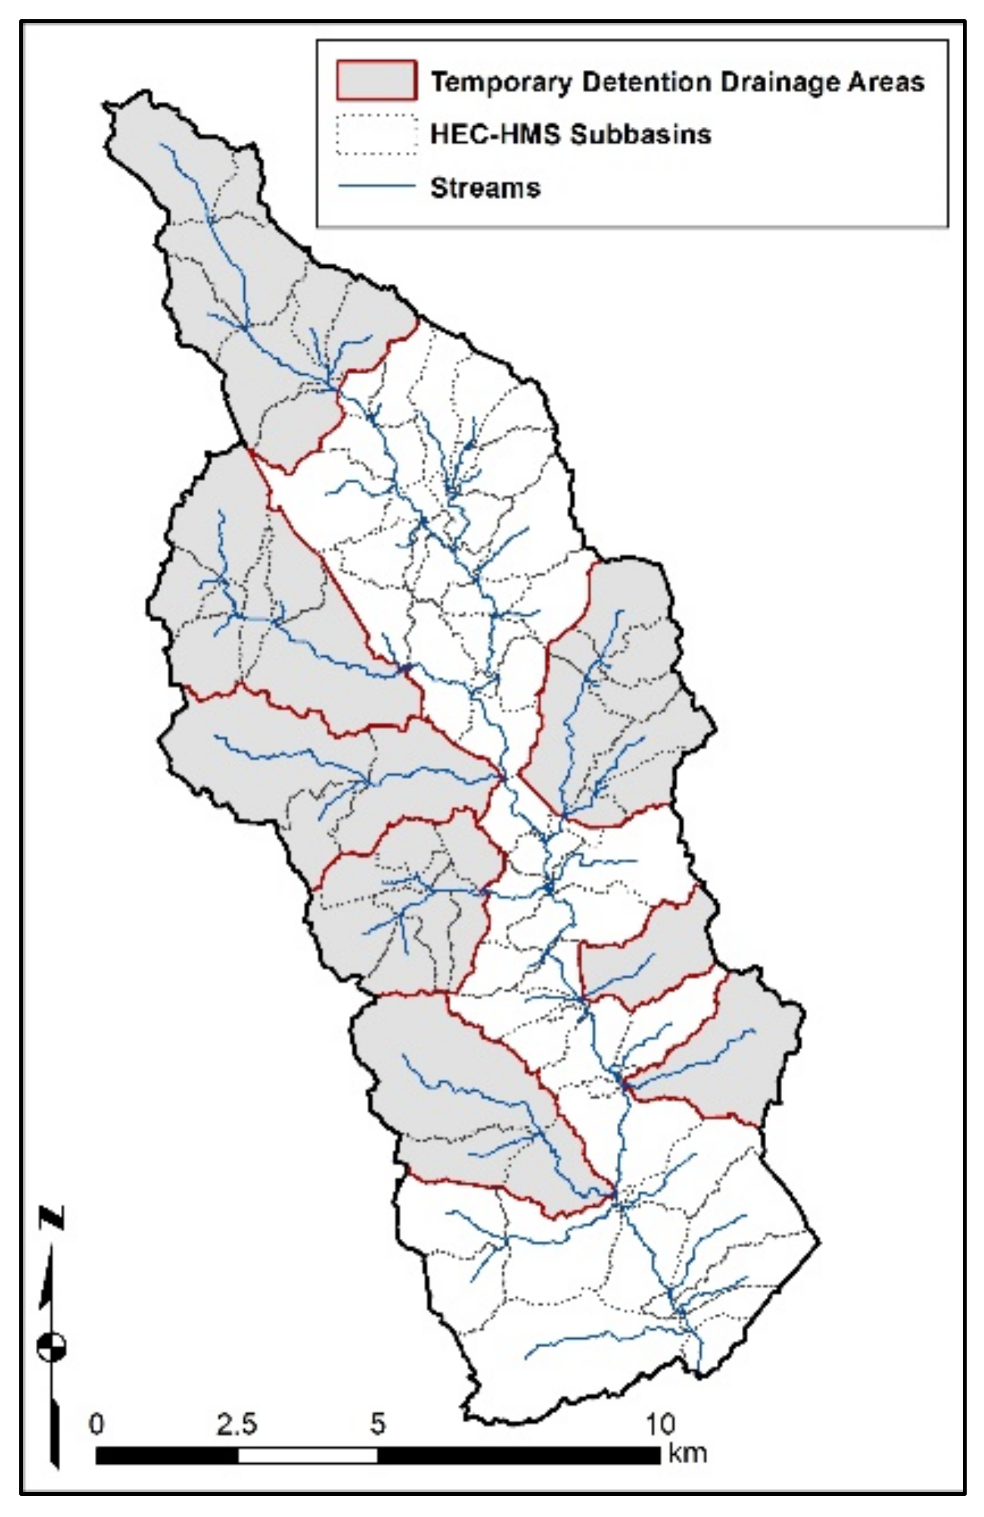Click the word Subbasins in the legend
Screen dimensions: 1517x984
coord(641,135)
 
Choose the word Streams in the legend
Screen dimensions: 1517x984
coord(486,188)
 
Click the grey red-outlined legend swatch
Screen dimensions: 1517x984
coord(377,81)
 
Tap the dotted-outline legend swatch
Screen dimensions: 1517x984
coord(377,135)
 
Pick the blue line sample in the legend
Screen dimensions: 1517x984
coord(377,187)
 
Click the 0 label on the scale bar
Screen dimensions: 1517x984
coord(97,1424)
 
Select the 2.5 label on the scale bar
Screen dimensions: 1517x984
coord(236,1424)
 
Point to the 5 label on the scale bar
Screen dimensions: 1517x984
coord(378,1424)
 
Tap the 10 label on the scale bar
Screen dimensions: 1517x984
coord(660,1424)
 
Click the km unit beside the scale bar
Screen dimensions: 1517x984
coord(687,1453)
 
